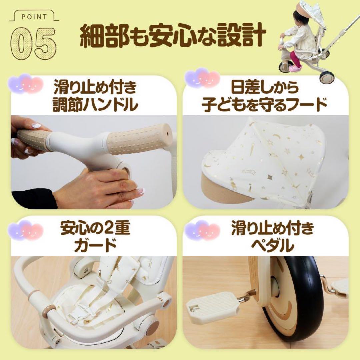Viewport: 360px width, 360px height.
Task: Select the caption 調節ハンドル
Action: point(95,105)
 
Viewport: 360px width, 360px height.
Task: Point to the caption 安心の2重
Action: point(95,230)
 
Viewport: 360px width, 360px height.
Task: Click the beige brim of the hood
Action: point(227,190)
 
